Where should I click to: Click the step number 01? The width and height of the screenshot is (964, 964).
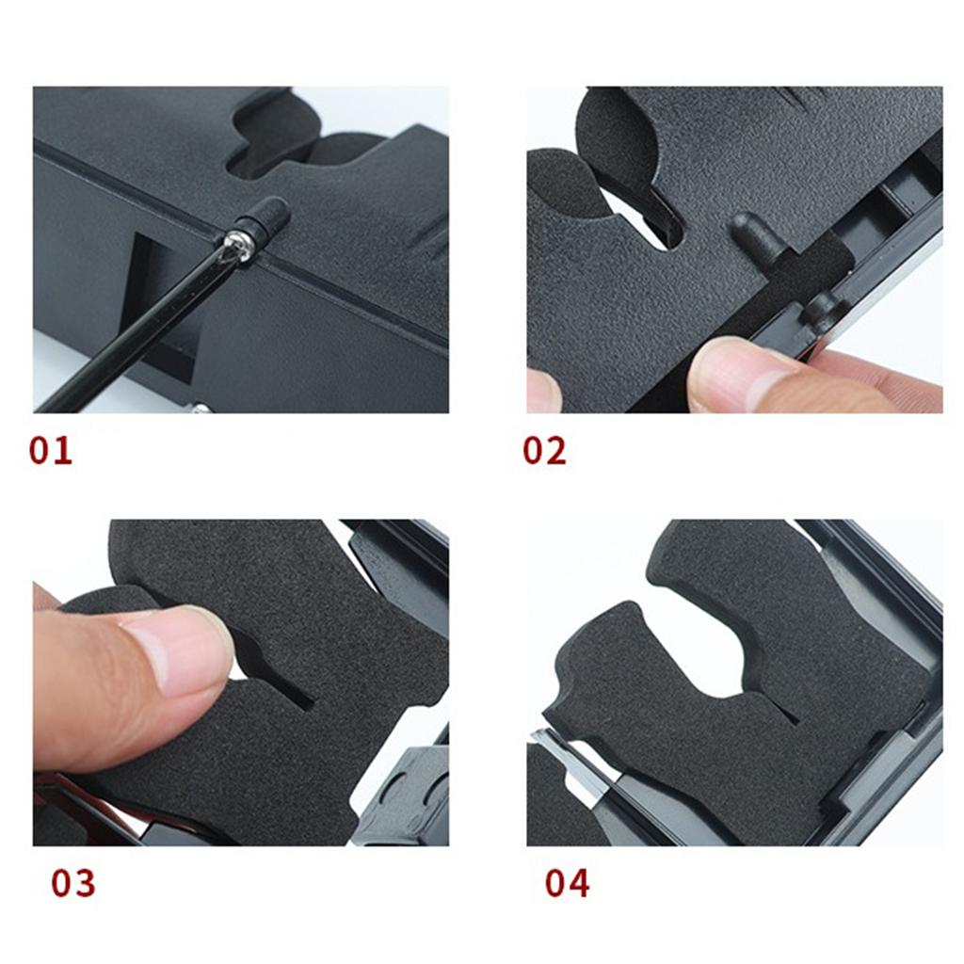(51, 451)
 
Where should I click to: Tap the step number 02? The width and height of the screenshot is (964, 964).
(544, 451)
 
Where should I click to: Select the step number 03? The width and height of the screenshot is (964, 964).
(73, 883)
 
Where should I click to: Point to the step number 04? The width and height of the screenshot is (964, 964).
(567, 883)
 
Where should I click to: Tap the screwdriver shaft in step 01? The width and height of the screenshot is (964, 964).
(136, 332)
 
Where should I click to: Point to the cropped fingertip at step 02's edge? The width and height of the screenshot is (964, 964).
(543, 392)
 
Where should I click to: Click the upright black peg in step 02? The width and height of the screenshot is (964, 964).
(758, 234)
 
